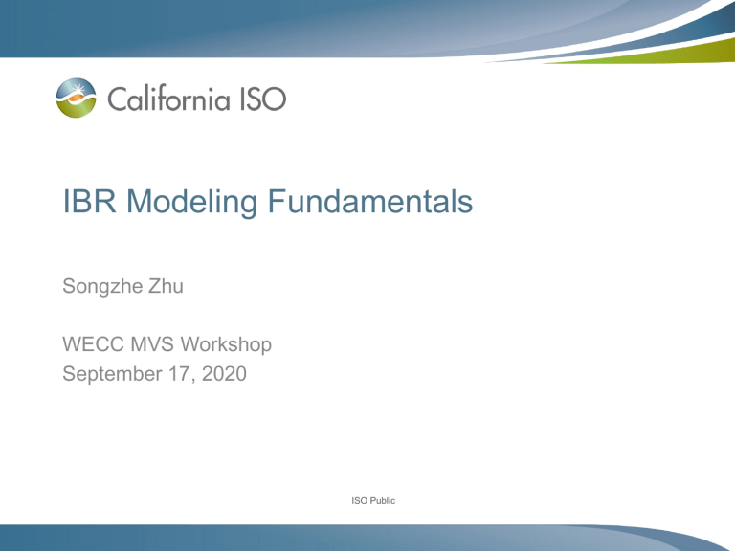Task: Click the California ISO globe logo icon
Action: (76, 98)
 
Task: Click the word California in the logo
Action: (168, 99)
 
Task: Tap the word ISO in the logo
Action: (263, 99)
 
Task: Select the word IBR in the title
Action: (89, 202)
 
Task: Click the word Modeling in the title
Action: (191, 203)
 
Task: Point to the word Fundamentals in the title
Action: (369, 202)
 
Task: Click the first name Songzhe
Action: (102, 287)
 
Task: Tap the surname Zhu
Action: (166, 286)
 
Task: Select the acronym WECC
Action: (93, 344)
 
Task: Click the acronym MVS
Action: (152, 344)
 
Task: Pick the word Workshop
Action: (226, 344)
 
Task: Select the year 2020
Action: (224, 374)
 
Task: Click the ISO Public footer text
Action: (373, 501)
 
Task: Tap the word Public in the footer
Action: (382, 501)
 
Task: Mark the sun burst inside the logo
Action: (78, 88)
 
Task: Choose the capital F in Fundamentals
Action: (276, 202)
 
